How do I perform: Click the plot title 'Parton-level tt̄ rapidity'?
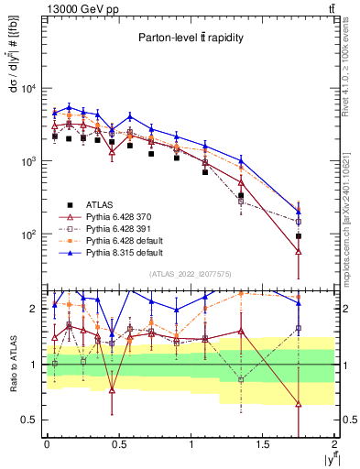[x=190, y=38]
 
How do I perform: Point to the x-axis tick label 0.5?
[x=118, y=444]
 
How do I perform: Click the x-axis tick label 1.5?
[x=262, y=444]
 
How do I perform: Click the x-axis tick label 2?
[x=334, y=444]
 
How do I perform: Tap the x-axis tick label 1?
[x=191, y=444]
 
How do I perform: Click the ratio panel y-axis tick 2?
[x=35, y=310]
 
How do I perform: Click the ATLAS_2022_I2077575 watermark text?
[x=190, y=274]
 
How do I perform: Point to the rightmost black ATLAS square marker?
[x=299, y=236]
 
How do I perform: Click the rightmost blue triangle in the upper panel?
[x=299, y=212]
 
